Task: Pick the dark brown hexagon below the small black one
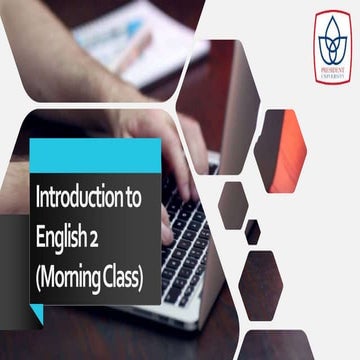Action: tap(261, 279)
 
